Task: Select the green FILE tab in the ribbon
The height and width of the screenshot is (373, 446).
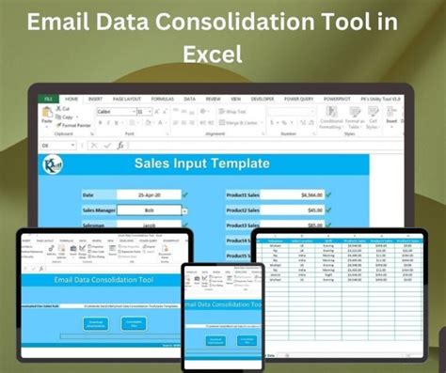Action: [47, 98]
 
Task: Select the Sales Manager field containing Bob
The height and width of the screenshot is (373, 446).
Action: [150, 210]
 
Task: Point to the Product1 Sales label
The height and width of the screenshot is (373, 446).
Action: [244, 195]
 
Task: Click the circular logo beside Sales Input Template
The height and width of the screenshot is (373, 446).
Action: [52, 163]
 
